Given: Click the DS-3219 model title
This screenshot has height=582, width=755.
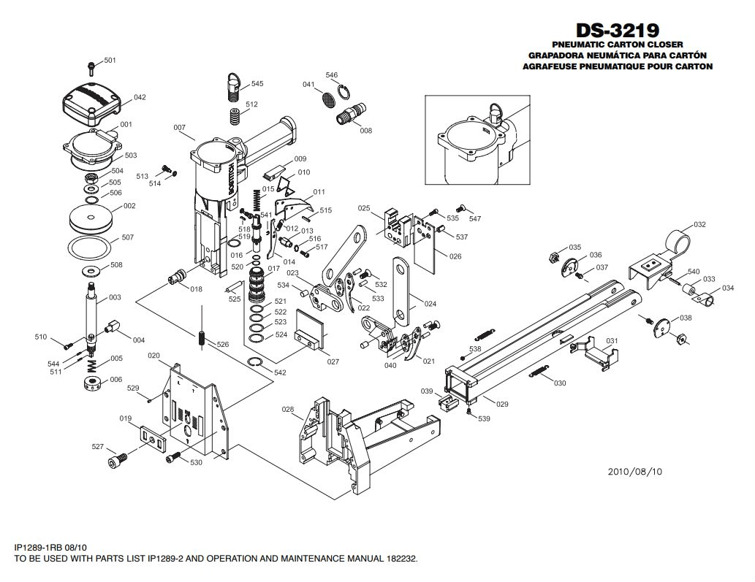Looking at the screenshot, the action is point(618,31).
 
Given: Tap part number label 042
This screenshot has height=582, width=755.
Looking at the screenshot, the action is point(140,97).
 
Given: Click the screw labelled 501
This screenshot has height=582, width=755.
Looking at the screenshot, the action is point(91,68).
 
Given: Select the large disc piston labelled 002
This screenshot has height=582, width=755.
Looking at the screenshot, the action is point(91,218).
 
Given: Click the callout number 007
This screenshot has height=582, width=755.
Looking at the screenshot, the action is point(180,128).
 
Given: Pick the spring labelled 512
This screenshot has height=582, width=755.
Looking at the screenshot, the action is point(235,116).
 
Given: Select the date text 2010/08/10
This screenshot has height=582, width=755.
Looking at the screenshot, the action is point(634,472).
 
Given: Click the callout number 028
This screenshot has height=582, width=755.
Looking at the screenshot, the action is point(288,410).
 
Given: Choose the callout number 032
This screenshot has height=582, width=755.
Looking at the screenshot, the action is point(699,225).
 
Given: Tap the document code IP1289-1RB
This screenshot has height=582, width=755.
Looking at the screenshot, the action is point(41,548).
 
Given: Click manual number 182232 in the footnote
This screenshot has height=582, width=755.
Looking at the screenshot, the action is point(401,559).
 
